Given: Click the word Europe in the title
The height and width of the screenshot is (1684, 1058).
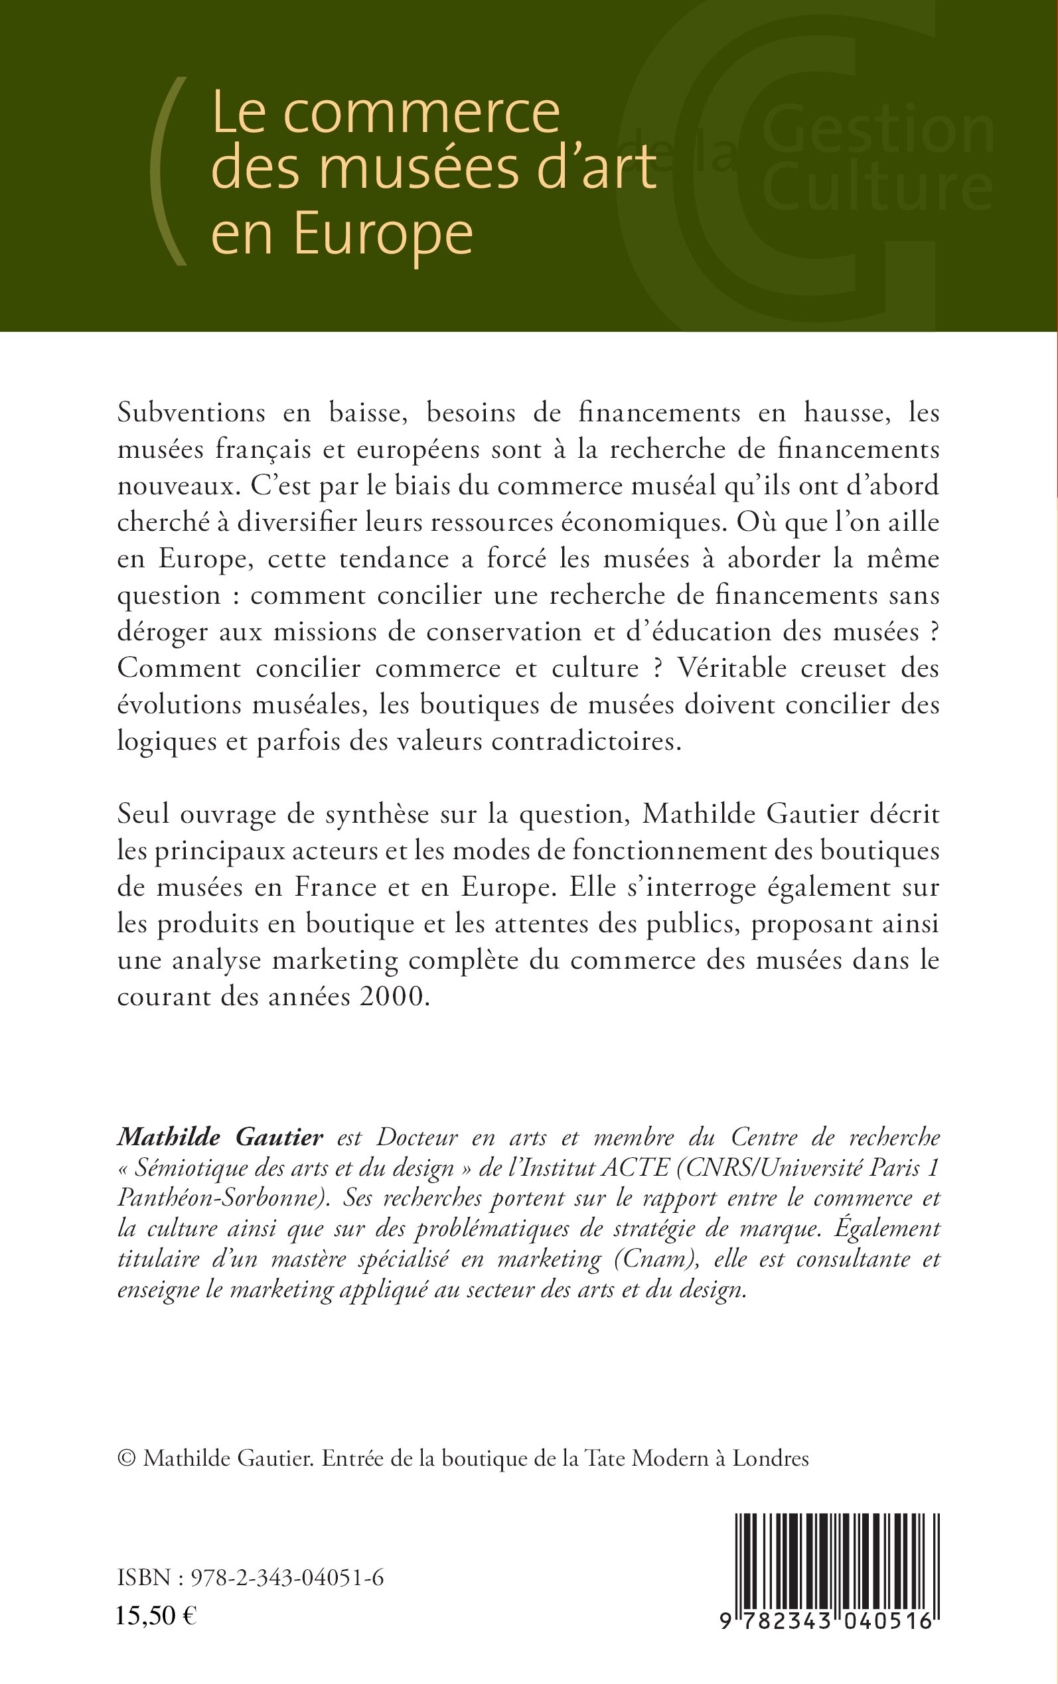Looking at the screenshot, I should click(384, 235).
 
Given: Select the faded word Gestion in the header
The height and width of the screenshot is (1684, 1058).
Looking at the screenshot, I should click(877, 130).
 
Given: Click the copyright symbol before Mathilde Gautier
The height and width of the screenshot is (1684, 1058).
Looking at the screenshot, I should click(126, 1452).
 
